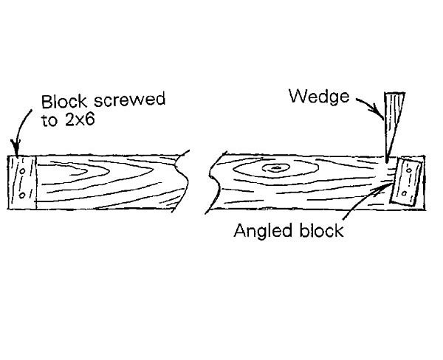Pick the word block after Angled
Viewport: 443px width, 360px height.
click(320, 231)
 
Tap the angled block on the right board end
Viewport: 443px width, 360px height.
click(405, 182)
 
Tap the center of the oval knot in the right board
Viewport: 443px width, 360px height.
click(275, 170)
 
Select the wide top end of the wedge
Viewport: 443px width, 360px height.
click(396, 94)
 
